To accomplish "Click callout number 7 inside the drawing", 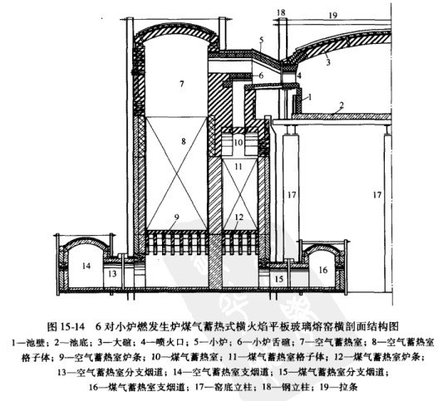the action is pyautogui.click(x=181, y=84).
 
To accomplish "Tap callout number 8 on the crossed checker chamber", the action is pyautogui.click(x=184, y=141).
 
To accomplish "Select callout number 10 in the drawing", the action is pyautogui.click(x=239, y=142).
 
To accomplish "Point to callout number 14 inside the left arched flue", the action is pyautogui.click(x=86, y=266).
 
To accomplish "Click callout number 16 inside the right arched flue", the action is pyautogui.click(x=323, y=270).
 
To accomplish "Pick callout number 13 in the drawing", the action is pyautogui.click(x=112, y=273).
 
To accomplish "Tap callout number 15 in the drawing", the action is pyautogui.click(x=279, y=279).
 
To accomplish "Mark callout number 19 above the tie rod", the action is pyautogui.click(x=333, y=15).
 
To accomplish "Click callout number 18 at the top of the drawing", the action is pyautogui.click(x=281, y=12).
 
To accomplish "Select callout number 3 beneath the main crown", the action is pyautogui.click(x=328, y=61).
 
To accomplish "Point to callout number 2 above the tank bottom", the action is pyautogui.click(x=342, y=105).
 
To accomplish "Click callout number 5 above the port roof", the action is pyautogui.click(x=261, y=40).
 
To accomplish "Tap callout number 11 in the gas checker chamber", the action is pyautogui.click(x=239, y=167).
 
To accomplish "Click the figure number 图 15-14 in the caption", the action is pyautogui.click(x=66, y=326).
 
